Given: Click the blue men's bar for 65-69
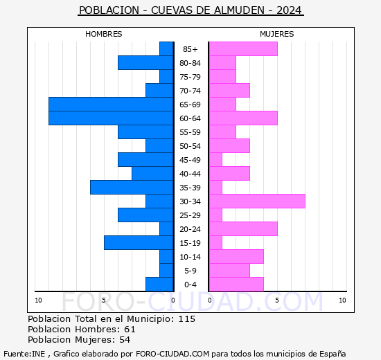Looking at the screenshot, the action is (111, 105).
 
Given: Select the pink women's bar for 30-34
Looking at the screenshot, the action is (257, 201).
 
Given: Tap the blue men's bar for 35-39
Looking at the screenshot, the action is (132, 188).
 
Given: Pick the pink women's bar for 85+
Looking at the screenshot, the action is (243, 49).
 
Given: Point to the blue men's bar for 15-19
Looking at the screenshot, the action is (139, 243).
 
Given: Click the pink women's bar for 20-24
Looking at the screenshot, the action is (243, 229).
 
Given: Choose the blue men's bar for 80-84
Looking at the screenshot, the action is (145, 63).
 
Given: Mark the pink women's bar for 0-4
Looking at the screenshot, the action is (236, 285).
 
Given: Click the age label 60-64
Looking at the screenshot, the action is (190, 118).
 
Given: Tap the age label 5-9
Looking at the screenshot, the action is (190, 271).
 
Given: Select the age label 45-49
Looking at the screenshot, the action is (190, 160).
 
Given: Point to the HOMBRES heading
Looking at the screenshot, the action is (103, 34).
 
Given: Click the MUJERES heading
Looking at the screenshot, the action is (277, 34).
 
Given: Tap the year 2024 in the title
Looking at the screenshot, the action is (289, 10).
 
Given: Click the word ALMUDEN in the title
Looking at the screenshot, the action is (239, 10).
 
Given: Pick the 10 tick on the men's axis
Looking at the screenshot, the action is (38, 300).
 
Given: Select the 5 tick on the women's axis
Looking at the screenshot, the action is (277, 300).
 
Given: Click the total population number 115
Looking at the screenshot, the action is (187, 319).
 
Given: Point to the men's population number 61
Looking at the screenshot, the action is (130, 330).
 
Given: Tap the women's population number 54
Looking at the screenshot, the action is (125, 340).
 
